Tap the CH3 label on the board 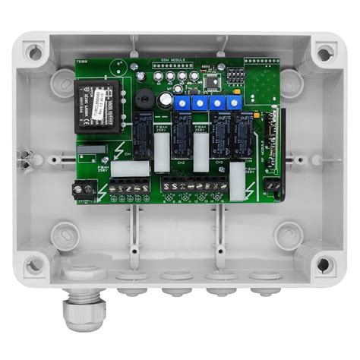(x=218, y=162)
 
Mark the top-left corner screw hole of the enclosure (x=33, y=52)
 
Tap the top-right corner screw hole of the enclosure (x=324, y=53)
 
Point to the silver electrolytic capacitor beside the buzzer (x=165, y=99)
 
